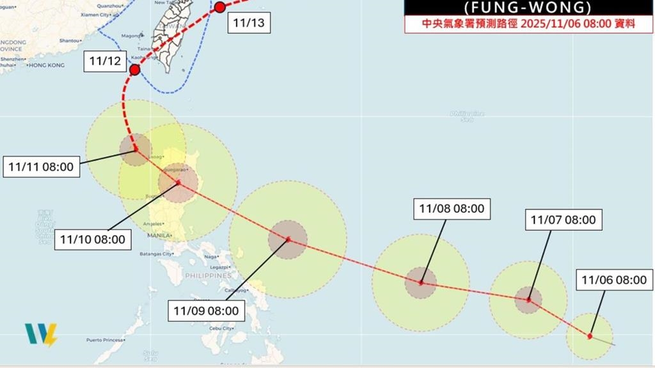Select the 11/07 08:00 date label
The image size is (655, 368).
(563, 220)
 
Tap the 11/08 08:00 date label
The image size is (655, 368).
(451, 209)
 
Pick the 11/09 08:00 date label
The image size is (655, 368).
(206, 311)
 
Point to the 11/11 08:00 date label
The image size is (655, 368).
(42, 168)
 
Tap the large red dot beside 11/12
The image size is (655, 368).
(134, 70)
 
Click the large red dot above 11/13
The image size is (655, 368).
(219, 8)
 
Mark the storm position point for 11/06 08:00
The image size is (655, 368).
(589, 336)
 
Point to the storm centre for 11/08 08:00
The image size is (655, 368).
(421, 282)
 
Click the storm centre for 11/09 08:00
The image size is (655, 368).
(288, 240)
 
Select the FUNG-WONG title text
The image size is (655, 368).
(528, 8)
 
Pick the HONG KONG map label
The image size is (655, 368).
(47, 65)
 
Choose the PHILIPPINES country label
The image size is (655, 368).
(208, 275)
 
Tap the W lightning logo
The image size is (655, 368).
(40, 335)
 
